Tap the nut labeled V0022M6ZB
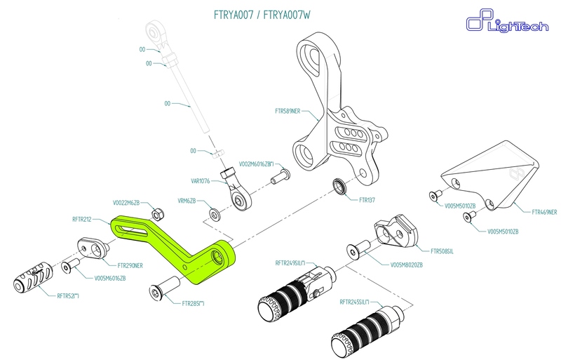158,213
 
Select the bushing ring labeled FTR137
341,187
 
